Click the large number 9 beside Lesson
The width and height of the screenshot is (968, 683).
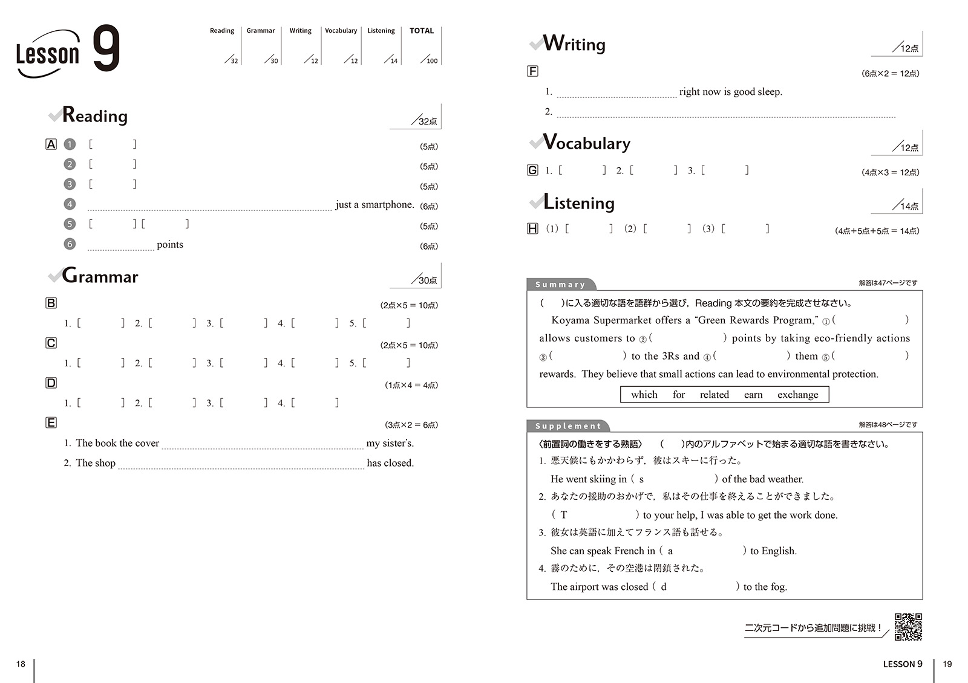[106, 48]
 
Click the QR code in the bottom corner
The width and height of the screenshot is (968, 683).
[908, 627]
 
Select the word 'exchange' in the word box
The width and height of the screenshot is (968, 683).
[797, 395]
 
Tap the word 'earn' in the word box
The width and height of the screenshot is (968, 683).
[753, 395]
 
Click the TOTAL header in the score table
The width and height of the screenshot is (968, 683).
[422, 31]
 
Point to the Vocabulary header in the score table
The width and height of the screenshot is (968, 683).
[341, 31]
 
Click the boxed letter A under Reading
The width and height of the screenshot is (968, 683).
[51, 144]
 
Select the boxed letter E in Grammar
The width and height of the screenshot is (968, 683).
[51, 422]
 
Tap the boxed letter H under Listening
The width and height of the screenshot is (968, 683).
[532, 228]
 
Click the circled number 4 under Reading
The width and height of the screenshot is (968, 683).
[70, 204]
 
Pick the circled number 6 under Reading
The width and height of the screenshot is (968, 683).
[70, 244]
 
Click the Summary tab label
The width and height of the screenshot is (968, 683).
[560, 285]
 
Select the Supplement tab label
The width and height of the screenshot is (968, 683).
[567, 426]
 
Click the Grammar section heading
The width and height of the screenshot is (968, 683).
[100, 276]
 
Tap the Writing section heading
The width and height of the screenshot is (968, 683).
[574, 44]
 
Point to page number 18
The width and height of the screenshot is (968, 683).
[21, 664]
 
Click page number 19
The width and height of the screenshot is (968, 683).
[947, 664]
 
